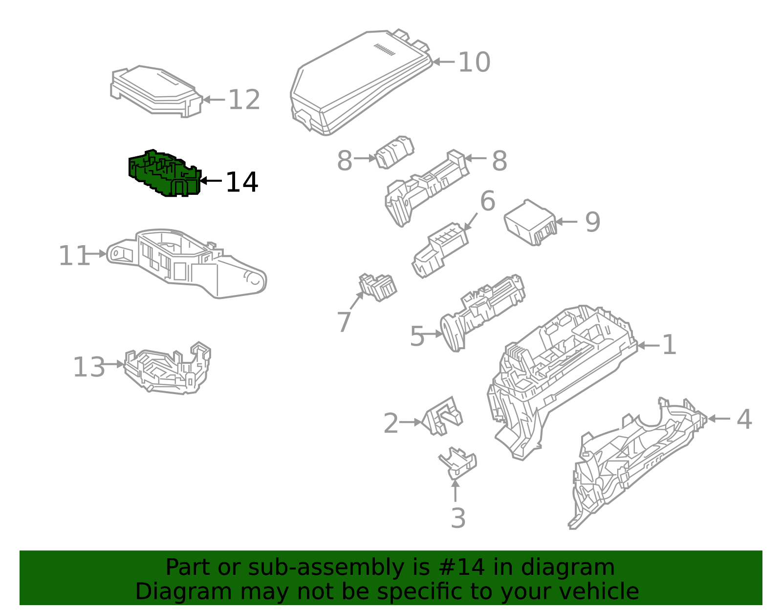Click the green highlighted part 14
click(164, 173)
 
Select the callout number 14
click(241, 182)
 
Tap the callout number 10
click(474, 62)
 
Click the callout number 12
click(244, 100)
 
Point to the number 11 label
click(74, 255)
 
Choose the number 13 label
click(89, 367)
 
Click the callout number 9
click(592, 222)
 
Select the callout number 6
click(488, 201)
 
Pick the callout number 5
click(417, 337)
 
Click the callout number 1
click(669, 345)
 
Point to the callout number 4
click(744, 419)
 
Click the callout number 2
click(391, 423)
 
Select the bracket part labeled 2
click(442, 416)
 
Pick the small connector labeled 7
click(377, 287)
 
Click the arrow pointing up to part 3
click(455, 491)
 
